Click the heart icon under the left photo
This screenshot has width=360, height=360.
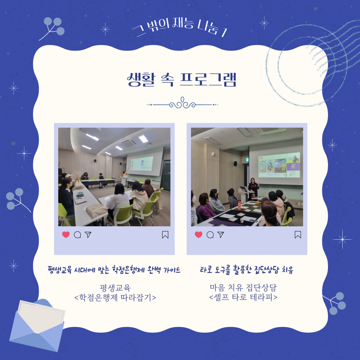[66, 235]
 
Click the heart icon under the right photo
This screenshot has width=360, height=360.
[199, 235]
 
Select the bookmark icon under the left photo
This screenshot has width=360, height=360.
[165, 235]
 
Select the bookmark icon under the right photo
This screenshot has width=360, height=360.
[298, 235]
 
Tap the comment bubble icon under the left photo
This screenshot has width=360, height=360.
[77, 235]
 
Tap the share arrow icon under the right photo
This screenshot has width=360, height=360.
[221, 235]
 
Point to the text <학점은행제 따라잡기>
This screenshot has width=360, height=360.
[115, 297]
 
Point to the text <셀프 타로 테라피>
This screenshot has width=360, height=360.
[243, 297]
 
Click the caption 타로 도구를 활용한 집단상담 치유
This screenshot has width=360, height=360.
[247, 270]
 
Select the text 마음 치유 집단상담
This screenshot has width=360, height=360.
[243, 287]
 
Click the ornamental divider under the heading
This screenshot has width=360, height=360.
[182, 104]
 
